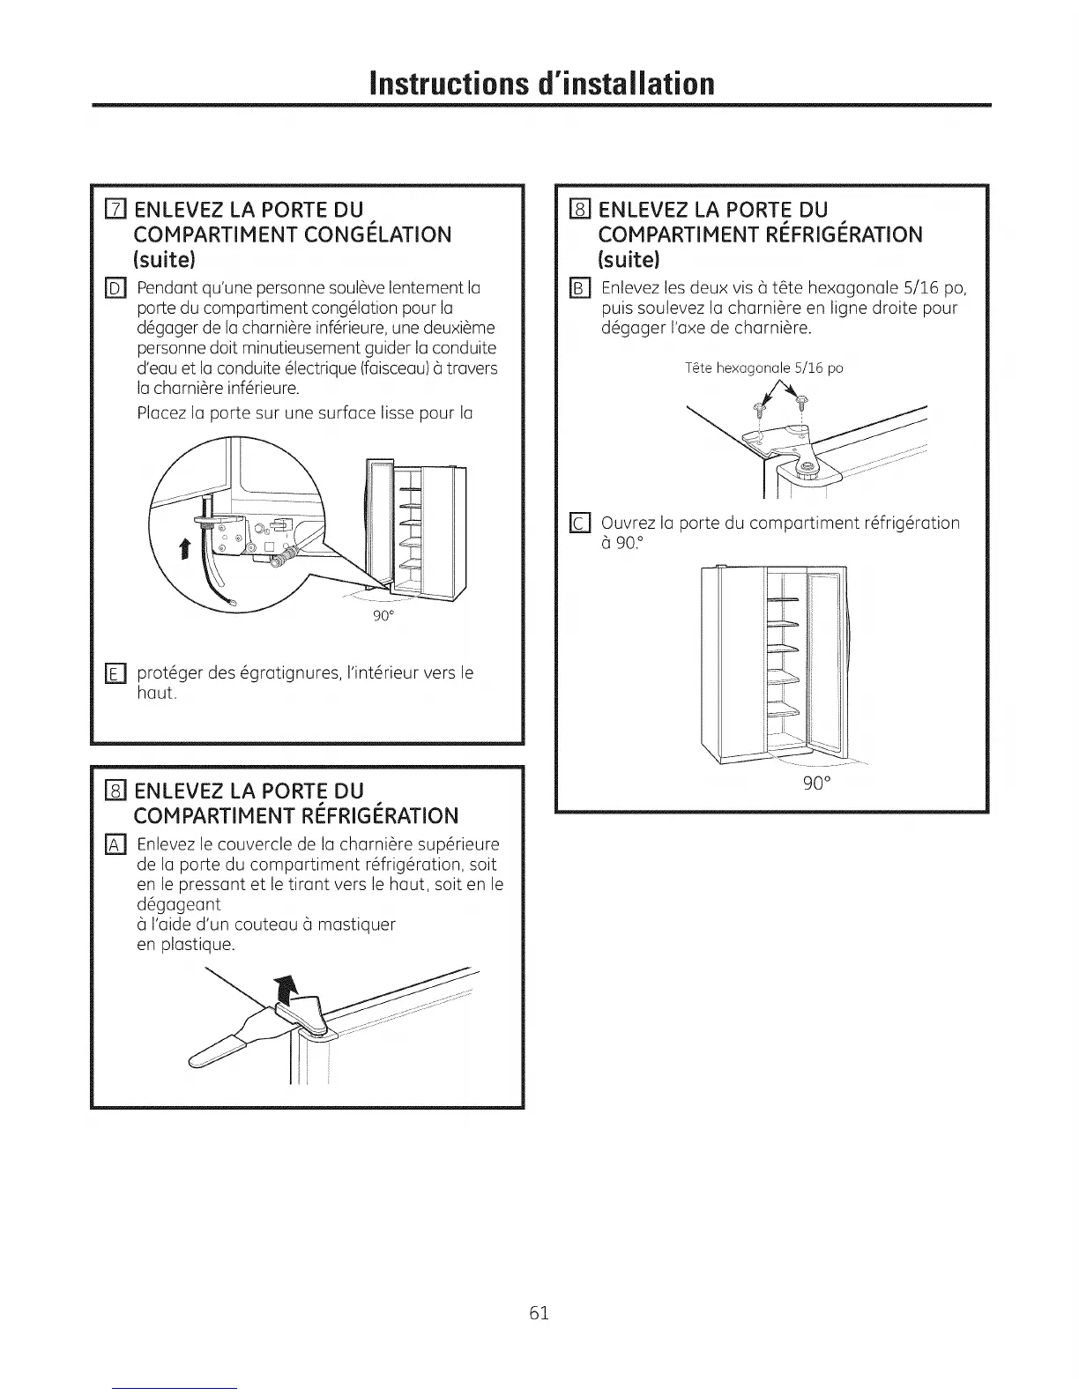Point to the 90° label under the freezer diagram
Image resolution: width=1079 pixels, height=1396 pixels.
click(382, 615)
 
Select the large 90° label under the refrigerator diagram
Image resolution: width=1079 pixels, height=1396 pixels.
click(815, 783)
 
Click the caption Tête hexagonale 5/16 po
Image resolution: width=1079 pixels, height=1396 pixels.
click(763, 368)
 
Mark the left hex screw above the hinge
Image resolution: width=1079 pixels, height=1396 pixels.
click(756, 408)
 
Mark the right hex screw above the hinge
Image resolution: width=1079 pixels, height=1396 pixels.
click(801, 403)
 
